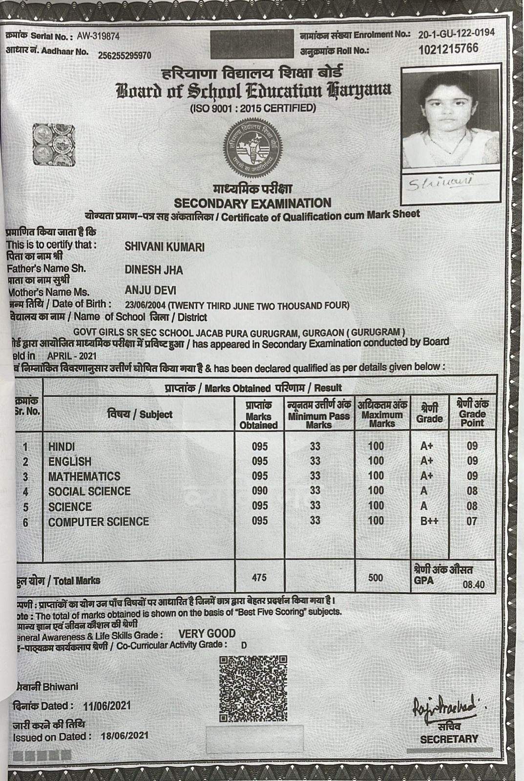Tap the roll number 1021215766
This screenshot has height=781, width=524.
coord(448,49)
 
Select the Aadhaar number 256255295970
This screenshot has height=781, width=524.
coord(125,56)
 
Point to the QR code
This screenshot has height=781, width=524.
coord(253,689)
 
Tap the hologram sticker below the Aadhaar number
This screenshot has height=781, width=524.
coord(54,145)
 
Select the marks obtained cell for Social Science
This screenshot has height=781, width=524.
coord(260,491)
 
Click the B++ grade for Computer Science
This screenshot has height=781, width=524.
coord(429,521)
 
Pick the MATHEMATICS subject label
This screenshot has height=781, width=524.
coord(84,476)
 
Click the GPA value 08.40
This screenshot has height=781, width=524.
coord(473,584)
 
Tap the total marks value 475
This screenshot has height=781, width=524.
coord(259,578)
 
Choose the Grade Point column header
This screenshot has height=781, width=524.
coord(472,413)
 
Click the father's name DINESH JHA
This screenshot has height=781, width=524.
coord(154,270)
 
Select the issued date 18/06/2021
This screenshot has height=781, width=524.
coord(125,735)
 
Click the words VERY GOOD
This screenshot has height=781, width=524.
coord(207,634)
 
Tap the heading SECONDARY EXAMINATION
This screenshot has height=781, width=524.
coord(252,203)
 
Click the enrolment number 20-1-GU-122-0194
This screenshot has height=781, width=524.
coord(456,33)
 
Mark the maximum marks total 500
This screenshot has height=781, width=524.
coord(376,578)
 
